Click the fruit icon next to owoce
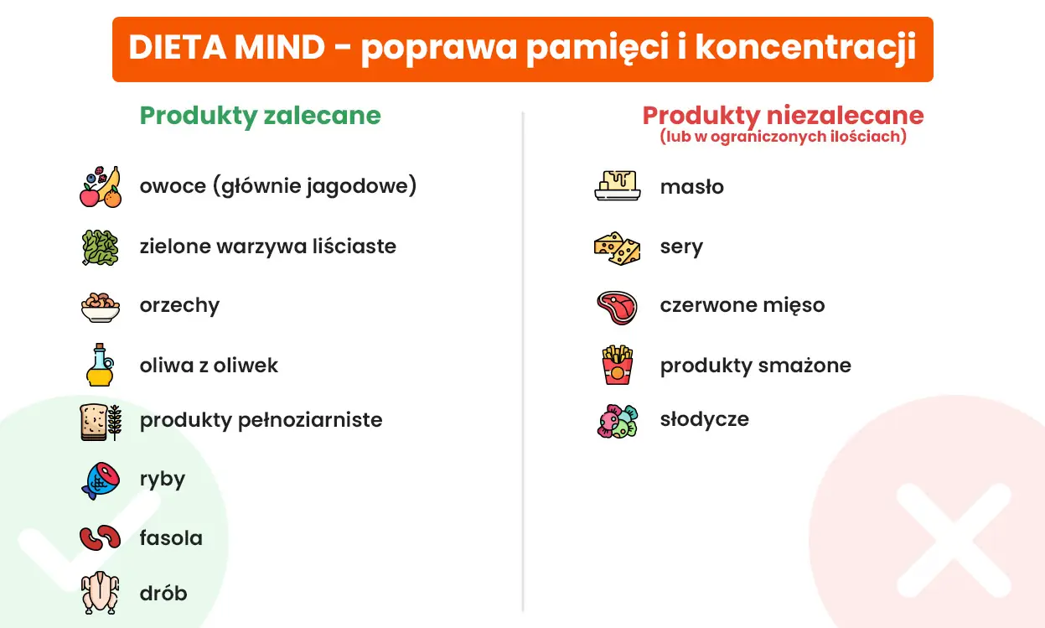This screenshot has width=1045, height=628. pyautogui.click(x=101, y=186)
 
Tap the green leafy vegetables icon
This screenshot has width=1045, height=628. pyautogui.click(x=100, y=247)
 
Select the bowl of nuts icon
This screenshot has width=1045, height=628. pyautogui.click(x=101, y=306)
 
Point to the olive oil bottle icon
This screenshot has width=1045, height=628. pyautogui.click(x=100, y=365)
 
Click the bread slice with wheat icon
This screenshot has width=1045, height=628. pyautogui.click(x=101, y=421)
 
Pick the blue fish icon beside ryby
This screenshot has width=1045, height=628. pyautogui.click(x=101, y=480)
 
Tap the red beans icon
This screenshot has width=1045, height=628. pyautogui.click(x=101, y=537)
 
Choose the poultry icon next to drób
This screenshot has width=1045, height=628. pyautogui.click(x=100, y=594)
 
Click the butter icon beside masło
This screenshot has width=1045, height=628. pyautogui.click(x=618, y=186)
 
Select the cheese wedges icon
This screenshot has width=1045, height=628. pyautogui.click(x=617, y=248)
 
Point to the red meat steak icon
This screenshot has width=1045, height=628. pyautogui.click(x=617, y=307)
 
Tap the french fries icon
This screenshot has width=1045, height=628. pyautogui.click(x=618, y=365)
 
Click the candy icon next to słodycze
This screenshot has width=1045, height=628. pyautogui.click(x=618, y=421)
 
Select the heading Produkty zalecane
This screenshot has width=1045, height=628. pyautogui.click(x=260, y=116)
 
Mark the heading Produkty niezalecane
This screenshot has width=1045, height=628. pyautogui.click(x=783, y=116)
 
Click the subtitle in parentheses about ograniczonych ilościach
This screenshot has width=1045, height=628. pyautogui.click(x=783, y=137)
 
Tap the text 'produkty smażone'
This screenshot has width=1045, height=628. pyautogui.click(x=755, y=366)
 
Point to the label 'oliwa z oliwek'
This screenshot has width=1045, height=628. pyautogui.click(x=209, y=366)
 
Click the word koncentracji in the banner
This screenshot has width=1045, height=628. pyautogui.click(x=805, y=49)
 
